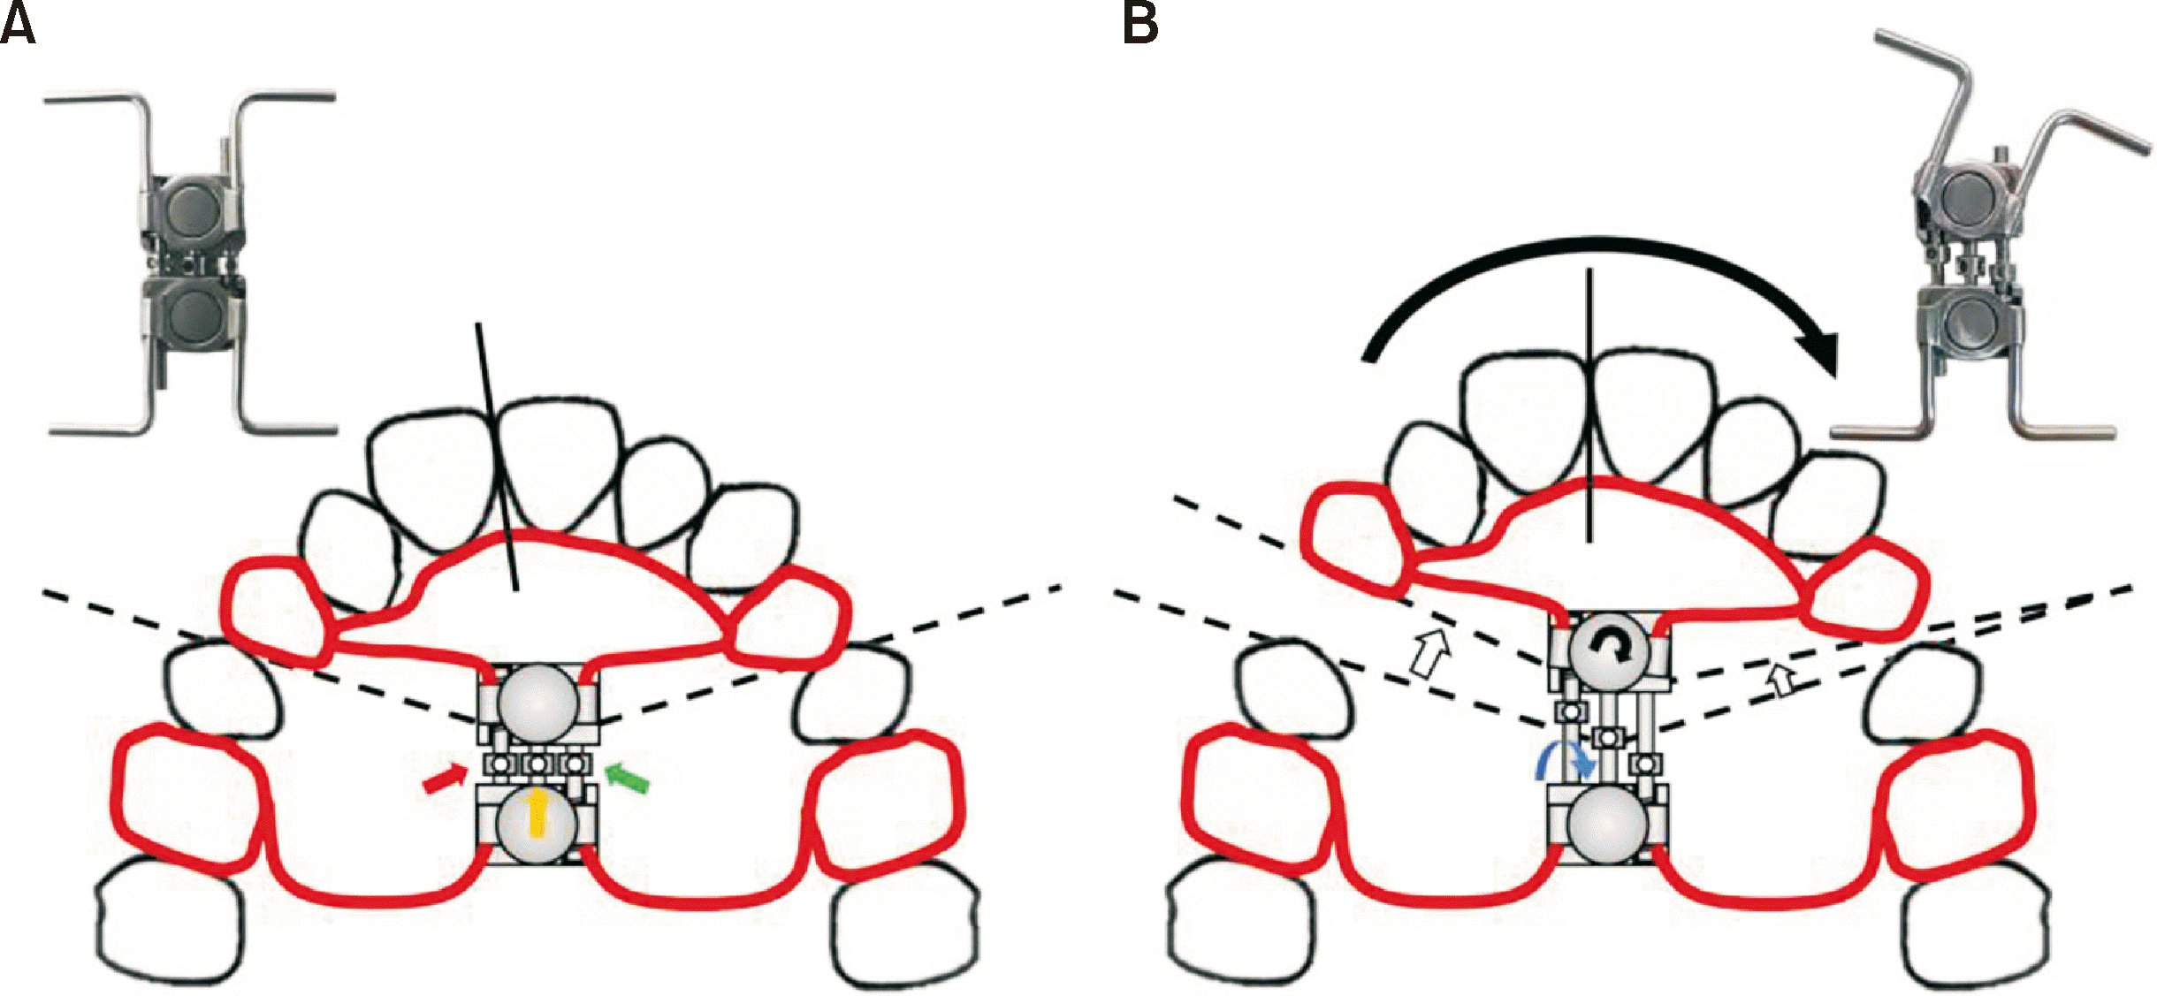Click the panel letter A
coord(18,25)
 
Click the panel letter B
coord(1140,25)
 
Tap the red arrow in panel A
coord(446,779)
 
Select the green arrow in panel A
coord(628,778)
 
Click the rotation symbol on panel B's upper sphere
coord(1609,651)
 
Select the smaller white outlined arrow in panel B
coord(1782,680)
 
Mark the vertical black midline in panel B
coord(1589,407)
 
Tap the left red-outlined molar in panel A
coord(190,795)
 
